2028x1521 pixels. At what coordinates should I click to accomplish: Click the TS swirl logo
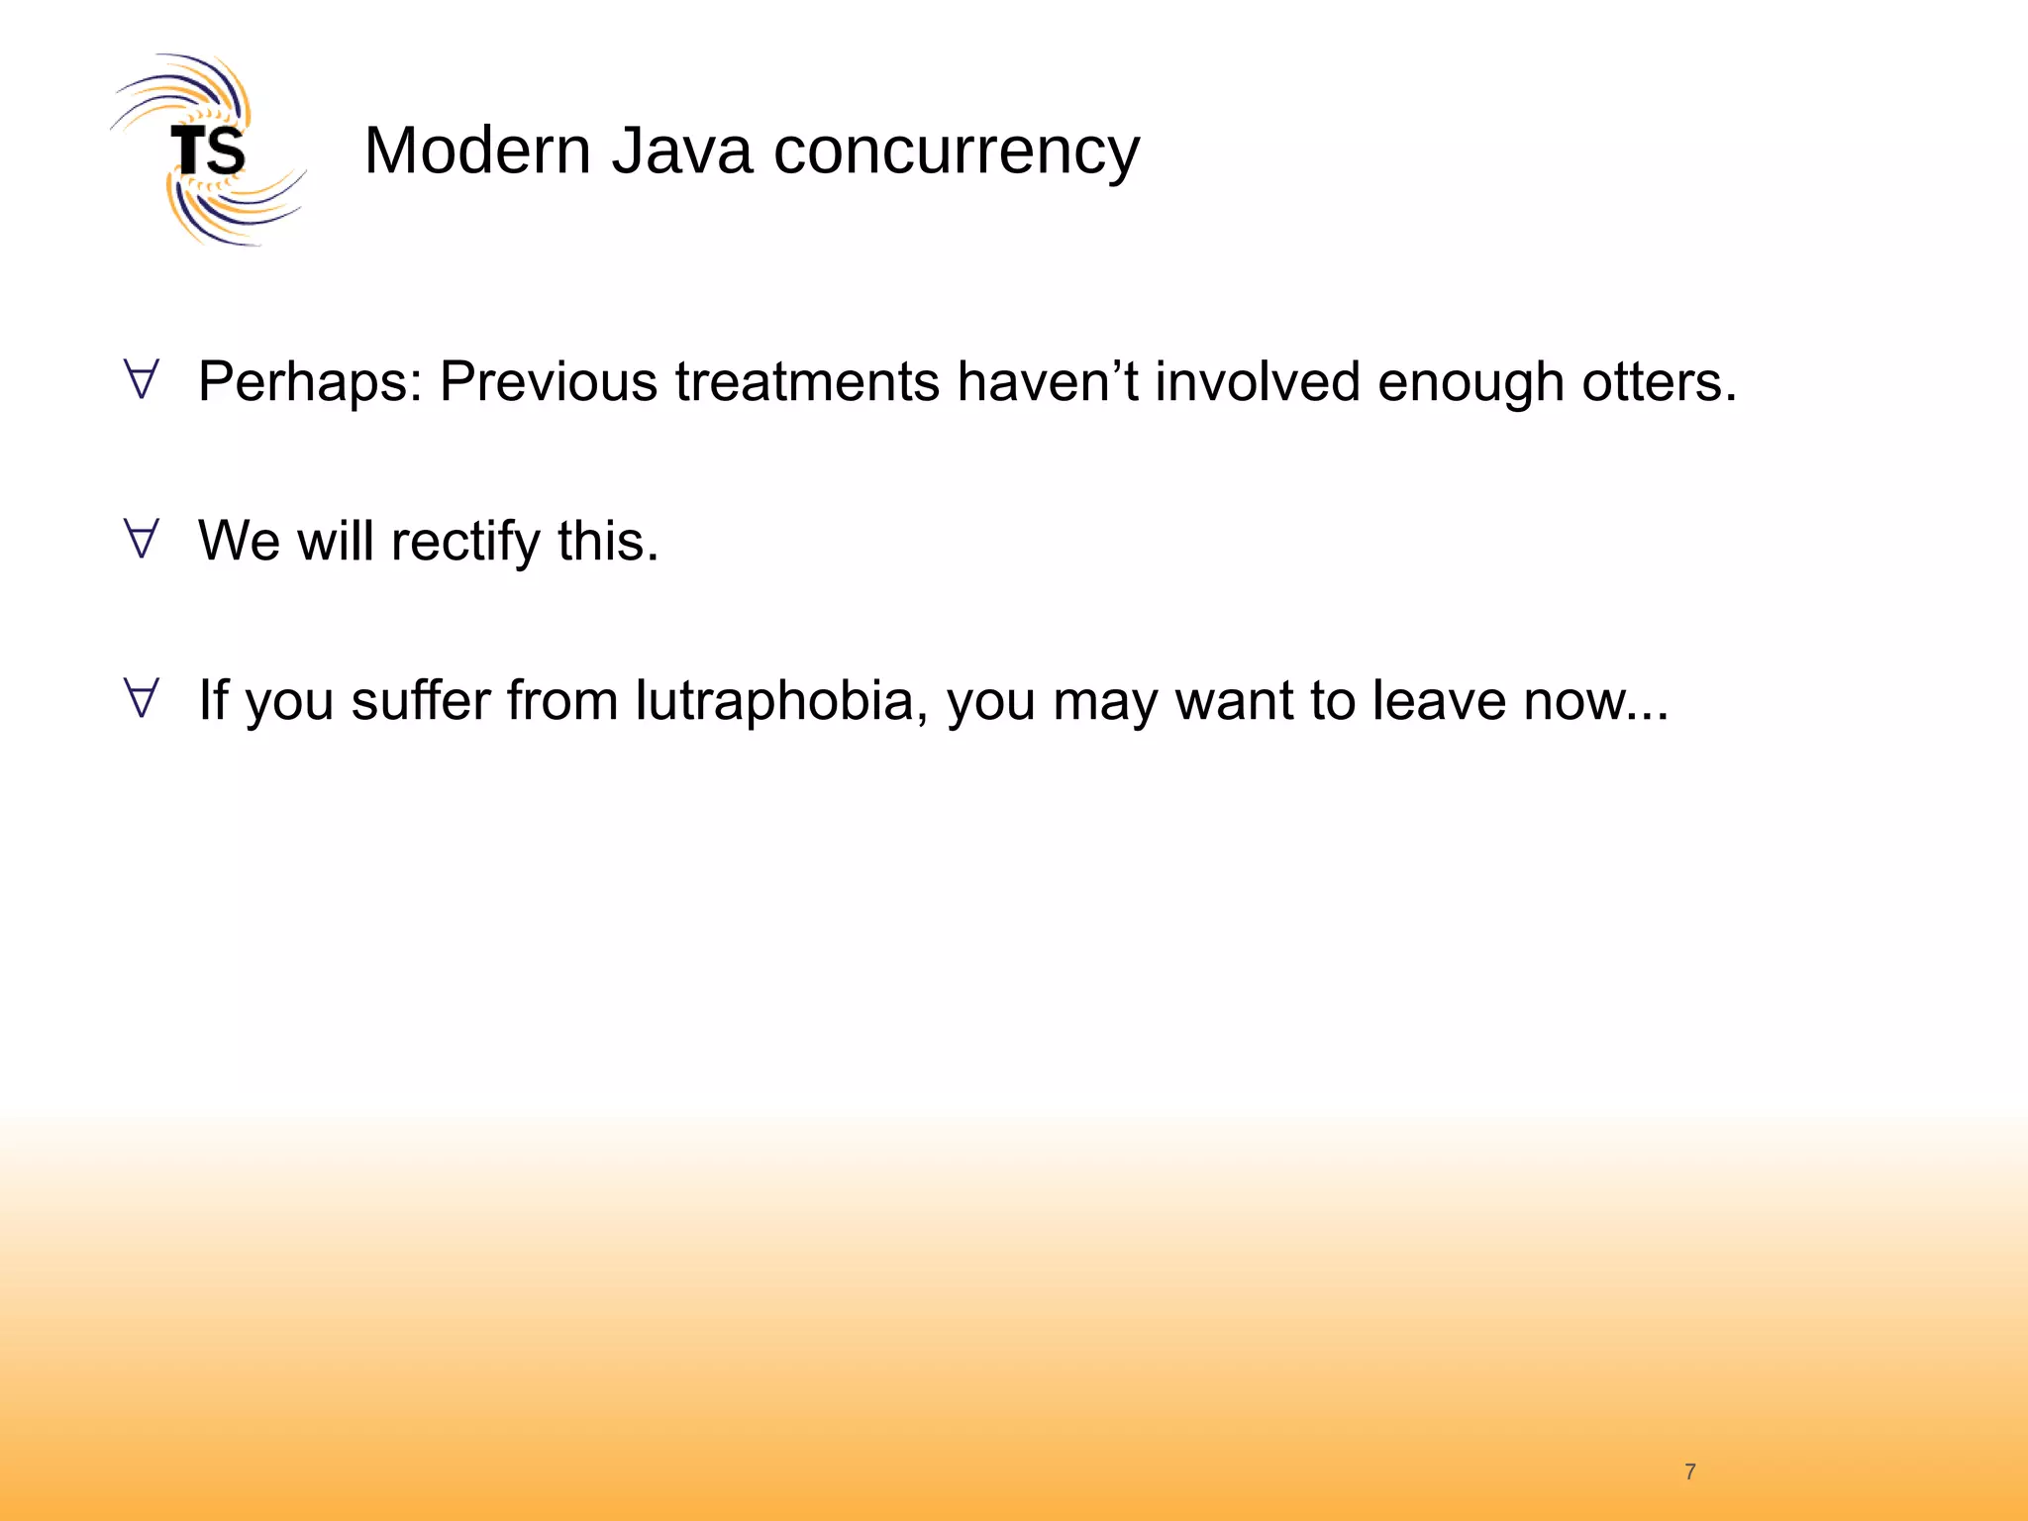tap(208, 151)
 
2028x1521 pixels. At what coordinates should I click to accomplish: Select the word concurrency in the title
tap(956, 153)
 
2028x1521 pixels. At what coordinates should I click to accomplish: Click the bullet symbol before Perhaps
tap(142, 380)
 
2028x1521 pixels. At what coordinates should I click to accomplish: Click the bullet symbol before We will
tap(142, 540)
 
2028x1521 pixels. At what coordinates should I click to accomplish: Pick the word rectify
tap(465, 543)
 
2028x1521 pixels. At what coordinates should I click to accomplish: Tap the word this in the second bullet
tap(607, 541)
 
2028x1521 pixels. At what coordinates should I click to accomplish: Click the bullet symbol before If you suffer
tap(142, 699)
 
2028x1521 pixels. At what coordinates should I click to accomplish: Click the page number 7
tap(1690, 1471)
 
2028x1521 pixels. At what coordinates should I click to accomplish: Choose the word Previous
tap(549, 381)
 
